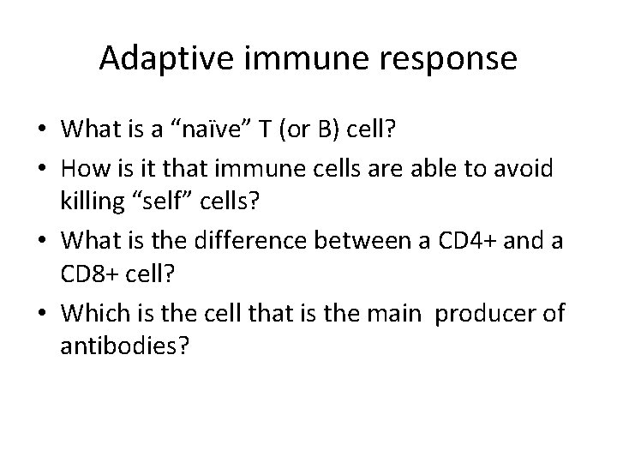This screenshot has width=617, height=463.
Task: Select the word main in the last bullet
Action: pos(398,313)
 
